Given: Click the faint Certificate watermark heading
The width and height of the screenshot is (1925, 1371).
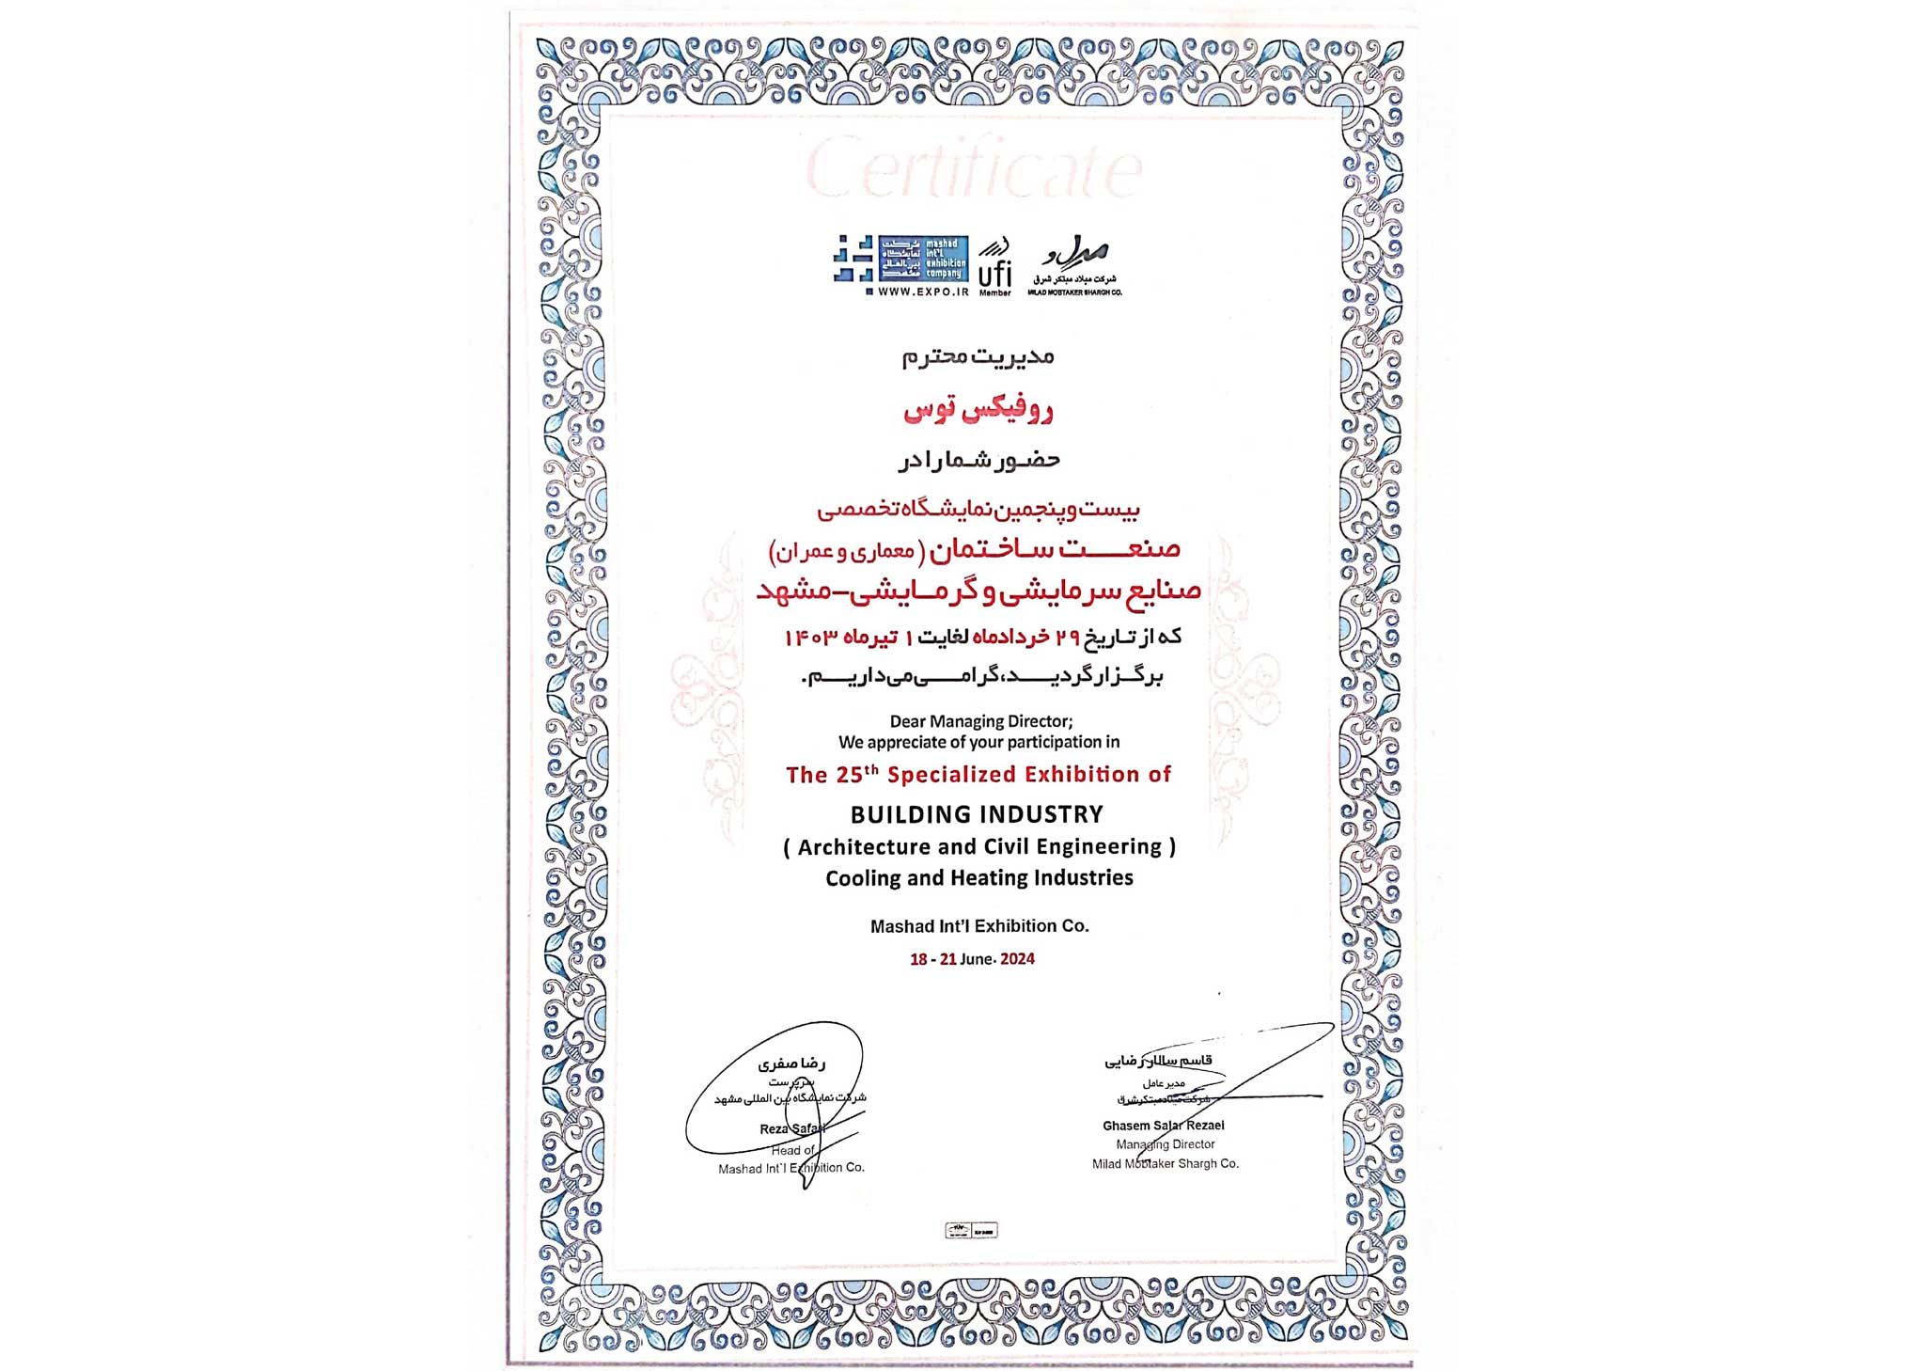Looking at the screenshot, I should coord(974,170).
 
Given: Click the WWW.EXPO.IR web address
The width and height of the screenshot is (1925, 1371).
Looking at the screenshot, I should coord(923,292).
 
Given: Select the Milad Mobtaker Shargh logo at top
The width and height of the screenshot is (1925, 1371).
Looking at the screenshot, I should coord(1074,265).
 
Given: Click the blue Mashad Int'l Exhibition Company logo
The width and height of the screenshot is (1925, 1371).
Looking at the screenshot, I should coord(900,259).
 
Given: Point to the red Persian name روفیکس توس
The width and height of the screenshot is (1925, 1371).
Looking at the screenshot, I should coord(978,410).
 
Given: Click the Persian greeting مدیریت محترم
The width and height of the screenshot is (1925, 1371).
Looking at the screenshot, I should coord(978,356).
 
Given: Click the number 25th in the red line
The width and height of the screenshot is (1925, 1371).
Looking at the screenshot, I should coord(857,774).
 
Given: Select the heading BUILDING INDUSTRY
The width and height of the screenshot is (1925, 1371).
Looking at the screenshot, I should coord(978,814).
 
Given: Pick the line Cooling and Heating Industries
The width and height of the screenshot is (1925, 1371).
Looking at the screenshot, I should coord(978,878).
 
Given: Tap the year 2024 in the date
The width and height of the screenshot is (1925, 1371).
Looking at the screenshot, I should coord(1017,959).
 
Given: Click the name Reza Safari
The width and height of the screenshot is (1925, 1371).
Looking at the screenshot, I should coord(792,1128).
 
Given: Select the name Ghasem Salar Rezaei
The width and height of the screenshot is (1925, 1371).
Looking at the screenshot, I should coord(1163,1126).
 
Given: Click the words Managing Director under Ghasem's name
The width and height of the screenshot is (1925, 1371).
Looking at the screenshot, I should coord(1165,1144).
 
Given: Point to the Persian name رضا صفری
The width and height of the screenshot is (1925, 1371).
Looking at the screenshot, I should coord(791,1064).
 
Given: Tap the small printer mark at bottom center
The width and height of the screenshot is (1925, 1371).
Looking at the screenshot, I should coord(971,1230).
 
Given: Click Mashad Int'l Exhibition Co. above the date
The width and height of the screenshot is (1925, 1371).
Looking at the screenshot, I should coord(979,926).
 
